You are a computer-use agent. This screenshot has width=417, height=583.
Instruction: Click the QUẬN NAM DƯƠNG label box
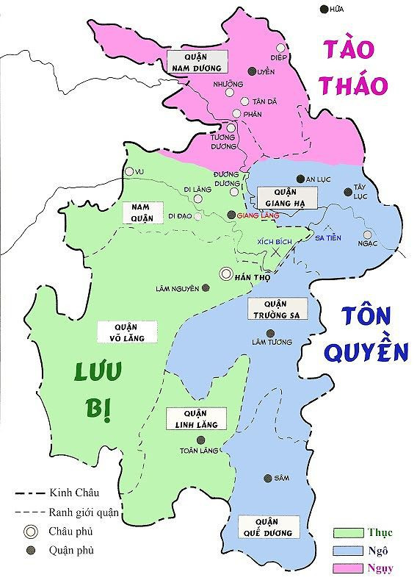[x=195, y=62]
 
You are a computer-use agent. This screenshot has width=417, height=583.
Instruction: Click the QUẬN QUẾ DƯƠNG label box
[x=269, y=526]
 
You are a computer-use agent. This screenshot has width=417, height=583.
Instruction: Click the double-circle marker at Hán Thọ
[x=226, y=273]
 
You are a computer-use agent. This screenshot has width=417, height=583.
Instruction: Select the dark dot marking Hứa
[x=324, y=9]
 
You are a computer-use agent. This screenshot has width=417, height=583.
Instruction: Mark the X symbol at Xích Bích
[x=276, y=251]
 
